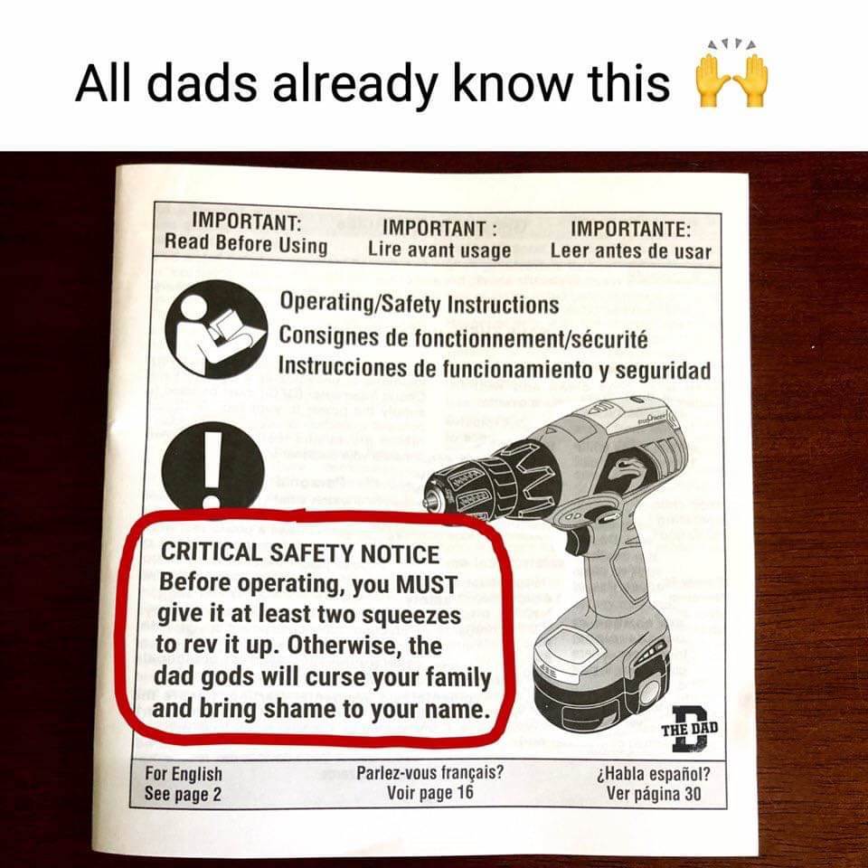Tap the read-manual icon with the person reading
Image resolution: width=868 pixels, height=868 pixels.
(x=216, y=330)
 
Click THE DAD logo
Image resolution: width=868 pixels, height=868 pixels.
(x=690, y=729)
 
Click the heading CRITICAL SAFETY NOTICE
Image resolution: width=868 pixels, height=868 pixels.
(x=300, y=553)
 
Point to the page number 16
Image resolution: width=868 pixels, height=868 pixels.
(x=465, y=792)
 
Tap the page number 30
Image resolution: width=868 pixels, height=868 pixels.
(x=692, y=794)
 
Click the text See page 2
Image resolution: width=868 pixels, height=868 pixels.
(x=183, y=794)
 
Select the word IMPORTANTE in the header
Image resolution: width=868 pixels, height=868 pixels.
(x=630, y=228)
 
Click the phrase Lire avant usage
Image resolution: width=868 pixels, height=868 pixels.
(x=439, y=250)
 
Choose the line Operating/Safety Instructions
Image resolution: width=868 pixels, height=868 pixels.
(x=419, y=304)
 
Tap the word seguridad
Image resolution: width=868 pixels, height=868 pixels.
(x=663, y=371)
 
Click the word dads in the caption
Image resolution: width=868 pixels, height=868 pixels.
(x=202, y=83)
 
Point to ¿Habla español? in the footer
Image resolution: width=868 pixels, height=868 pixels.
(x=654, y=774)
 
